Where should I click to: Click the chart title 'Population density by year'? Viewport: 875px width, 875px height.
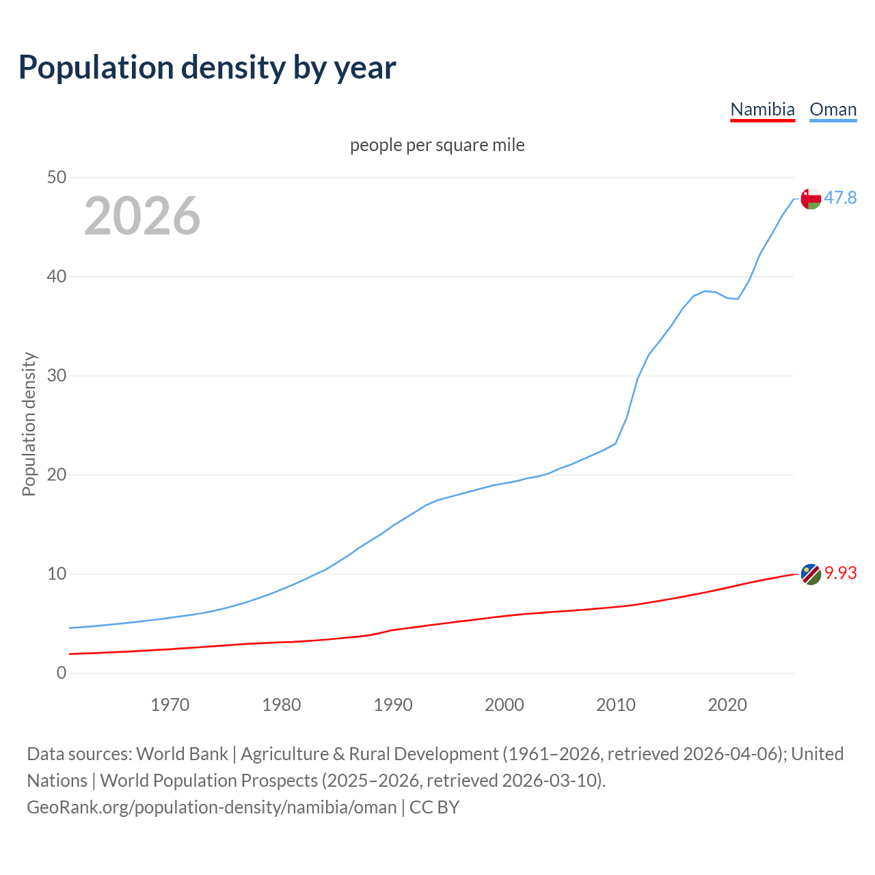[207, 67]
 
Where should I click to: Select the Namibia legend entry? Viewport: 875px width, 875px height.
[762, 109]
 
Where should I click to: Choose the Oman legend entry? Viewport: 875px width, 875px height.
[833, 109]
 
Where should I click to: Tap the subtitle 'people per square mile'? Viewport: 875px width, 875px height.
[437, 145]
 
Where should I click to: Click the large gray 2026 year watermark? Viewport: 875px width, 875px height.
[142, 216]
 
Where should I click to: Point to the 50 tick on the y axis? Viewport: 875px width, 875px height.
[57, 178]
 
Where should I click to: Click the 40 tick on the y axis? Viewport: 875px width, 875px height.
[57, 277]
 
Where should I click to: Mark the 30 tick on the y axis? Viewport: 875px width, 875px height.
[57, 376]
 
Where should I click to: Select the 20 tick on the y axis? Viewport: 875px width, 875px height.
[57, 475]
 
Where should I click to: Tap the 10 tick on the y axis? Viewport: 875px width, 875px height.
[57, 574]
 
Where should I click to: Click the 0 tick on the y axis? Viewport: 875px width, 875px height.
[62, 673]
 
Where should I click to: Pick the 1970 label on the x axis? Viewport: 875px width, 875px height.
[170, 705]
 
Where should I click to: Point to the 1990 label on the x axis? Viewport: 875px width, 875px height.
[392, 705]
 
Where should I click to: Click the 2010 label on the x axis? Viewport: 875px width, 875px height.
[615, 705]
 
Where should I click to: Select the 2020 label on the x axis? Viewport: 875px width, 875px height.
[727, 705]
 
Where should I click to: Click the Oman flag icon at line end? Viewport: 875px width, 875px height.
[811, 199]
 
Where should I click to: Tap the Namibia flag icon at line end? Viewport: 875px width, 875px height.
[811, 574]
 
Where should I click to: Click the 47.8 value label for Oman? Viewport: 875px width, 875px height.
[840, 198]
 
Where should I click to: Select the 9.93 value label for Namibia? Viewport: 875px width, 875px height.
[840, 574]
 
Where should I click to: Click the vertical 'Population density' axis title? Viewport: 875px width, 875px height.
[29, 424]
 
